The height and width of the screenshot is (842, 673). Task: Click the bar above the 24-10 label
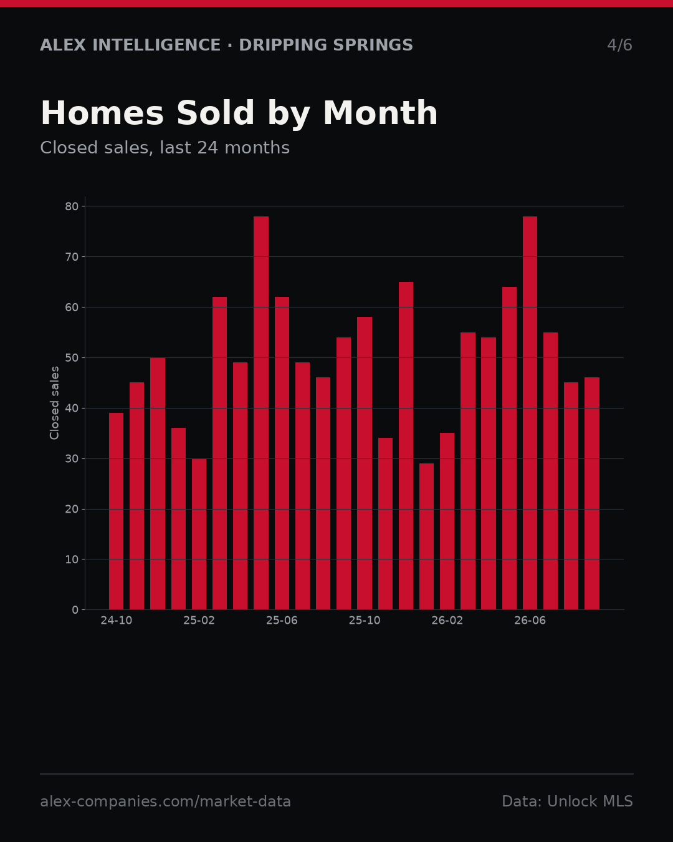click(116, 511)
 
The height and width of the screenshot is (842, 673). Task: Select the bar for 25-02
click(199, 534)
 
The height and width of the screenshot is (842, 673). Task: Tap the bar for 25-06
click(282, 453)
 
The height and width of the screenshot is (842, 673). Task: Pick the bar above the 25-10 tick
click(365, 463)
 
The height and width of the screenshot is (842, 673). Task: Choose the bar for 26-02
click(447, 521)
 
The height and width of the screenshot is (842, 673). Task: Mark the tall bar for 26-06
click(530, 413)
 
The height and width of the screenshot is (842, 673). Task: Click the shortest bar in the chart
click(427, 536)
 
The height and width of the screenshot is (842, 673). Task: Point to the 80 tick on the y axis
click(72, 206)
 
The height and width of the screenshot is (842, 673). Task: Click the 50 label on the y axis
click(72, 357)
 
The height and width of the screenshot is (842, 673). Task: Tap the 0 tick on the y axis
click(75, 610)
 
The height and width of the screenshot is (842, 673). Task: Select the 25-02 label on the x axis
click(199, 621)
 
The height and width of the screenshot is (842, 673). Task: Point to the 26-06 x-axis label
click(530, 621)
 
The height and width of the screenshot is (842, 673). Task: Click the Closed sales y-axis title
click(54, 403)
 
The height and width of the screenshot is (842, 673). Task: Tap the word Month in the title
click(380, 113)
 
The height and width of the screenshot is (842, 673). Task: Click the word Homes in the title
click(102, 113)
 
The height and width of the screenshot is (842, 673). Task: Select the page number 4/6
click(620, 45)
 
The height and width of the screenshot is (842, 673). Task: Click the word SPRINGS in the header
click(373, 45)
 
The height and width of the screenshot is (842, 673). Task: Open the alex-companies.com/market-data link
click(165, 801)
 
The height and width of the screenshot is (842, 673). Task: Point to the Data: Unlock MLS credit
click(568, 801)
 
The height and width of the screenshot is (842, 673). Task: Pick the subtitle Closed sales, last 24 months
click(165, 148)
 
